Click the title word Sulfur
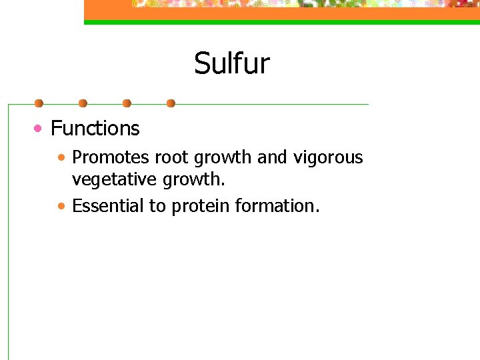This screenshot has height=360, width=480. [231, 64]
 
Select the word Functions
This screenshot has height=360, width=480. [95, 128]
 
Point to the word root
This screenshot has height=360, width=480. [168, 157]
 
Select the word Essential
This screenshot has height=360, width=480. [108, 206]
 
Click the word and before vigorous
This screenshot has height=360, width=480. [271, 157]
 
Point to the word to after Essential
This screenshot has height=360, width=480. [158, 206]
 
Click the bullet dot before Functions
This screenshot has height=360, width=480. [41, 128]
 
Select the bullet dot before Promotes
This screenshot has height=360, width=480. [61, 159]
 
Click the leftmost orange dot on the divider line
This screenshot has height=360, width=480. [39, 103]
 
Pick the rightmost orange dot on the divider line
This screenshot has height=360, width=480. [171, 103]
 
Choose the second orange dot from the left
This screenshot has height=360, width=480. [83, 103]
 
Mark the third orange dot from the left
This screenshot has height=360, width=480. [127, 103]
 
